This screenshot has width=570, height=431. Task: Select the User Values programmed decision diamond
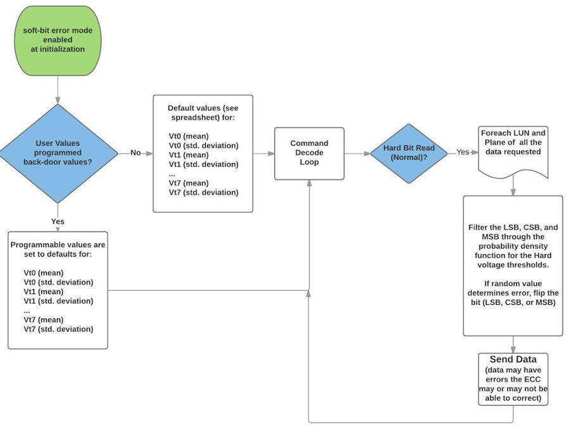click(58, 153)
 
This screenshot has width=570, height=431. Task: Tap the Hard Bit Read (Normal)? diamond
click(409, 153)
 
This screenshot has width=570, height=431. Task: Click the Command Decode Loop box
click(309, 153)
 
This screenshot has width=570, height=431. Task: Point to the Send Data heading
click(513, 359)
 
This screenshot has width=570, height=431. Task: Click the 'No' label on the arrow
click(135, 153)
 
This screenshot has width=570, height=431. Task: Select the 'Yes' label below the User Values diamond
click(58, 222)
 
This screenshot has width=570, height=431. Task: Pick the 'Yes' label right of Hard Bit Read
click(463, 153)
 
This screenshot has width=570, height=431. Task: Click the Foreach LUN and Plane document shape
click(513, 150)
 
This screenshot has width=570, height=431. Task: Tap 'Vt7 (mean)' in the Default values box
click(189, 183)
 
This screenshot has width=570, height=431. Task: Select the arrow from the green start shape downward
click(58, 89)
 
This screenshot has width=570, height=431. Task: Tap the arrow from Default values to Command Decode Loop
click(263, 153)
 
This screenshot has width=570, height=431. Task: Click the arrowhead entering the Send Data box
click(513, 349)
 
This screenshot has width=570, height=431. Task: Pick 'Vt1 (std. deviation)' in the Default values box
click(203, 164)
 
